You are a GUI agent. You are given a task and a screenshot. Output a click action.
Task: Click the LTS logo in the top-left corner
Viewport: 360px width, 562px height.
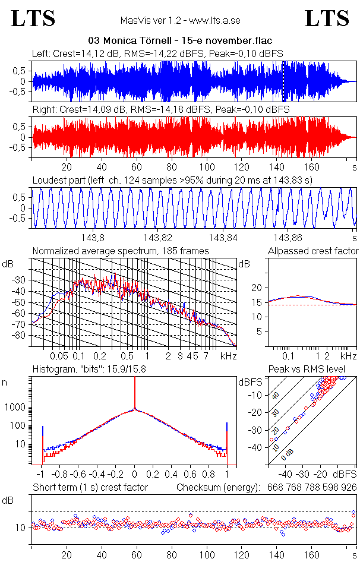pos(33,18)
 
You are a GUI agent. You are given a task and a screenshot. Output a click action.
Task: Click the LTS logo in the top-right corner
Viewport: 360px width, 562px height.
pos(327,18)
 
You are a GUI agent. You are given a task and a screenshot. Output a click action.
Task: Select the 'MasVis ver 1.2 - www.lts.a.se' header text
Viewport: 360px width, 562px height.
pos(180,20)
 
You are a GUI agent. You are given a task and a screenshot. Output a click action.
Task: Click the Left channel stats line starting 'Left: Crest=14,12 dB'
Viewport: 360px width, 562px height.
pos(157,53)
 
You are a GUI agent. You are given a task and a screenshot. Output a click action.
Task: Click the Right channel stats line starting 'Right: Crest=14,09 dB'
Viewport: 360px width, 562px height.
pos(160,110)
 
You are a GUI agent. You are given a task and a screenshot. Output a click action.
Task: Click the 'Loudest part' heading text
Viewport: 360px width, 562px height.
pos(173,180)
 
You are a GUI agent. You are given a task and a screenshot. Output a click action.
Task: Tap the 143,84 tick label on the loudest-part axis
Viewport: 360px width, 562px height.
pos(224,238)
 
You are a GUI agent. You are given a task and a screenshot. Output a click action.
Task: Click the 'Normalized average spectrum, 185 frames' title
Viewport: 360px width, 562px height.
pos(121,251)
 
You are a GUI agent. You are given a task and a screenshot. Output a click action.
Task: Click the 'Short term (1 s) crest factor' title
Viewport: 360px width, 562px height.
pos(90,488)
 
